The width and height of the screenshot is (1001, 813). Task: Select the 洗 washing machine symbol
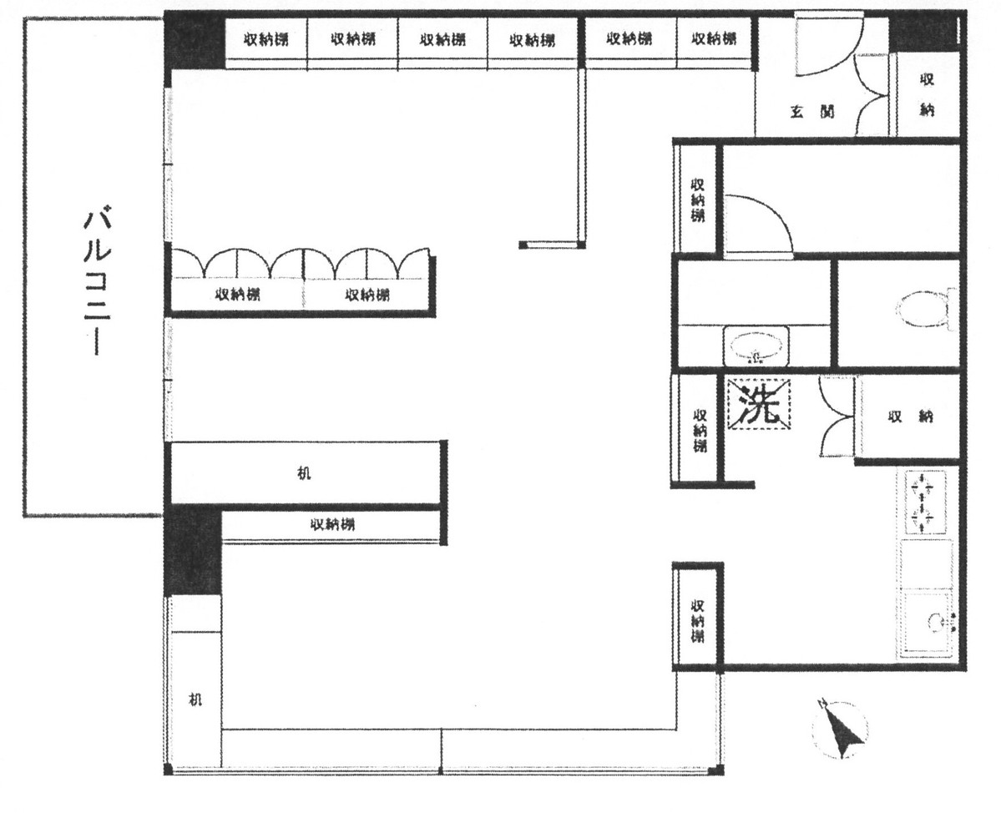coord(760,405)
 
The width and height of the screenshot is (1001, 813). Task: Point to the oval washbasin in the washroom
coord(757,346)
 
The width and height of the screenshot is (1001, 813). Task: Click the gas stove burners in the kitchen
coord(925,502)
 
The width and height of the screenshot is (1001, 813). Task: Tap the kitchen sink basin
coord(927,620)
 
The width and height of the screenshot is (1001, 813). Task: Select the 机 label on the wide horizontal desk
coord(305,473)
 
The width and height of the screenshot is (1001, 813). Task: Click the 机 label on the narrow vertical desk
coord(195,699)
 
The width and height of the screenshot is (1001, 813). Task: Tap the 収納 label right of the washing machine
coord(910,417)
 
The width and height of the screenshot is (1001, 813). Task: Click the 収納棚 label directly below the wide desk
coord(332,525)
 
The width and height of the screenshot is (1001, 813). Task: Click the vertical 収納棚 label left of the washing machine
coord(698,429)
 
